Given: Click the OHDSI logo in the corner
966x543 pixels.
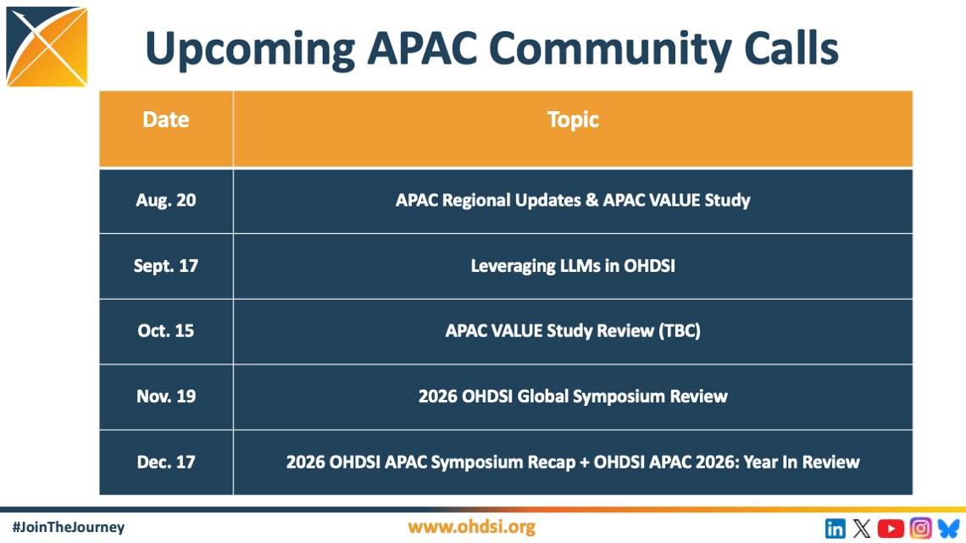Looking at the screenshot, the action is click(47, 47).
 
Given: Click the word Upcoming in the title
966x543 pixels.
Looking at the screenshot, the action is click(250, 49).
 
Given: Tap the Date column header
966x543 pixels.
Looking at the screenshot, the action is click(166, 119).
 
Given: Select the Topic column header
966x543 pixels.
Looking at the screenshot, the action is click(573, 119).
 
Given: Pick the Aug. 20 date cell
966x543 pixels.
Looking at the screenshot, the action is click(166, 200).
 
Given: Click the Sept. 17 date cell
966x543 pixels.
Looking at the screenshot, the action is click(166, 266).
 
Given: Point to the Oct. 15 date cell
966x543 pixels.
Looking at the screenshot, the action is click(166, 330).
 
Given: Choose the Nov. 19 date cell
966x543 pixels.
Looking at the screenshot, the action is click(166, 396).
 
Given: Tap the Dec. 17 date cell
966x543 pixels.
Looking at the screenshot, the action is click(166, 462).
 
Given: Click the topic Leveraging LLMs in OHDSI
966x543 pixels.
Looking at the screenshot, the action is click(573, 266).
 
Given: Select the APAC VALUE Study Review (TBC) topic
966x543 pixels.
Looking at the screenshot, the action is click(573, 330).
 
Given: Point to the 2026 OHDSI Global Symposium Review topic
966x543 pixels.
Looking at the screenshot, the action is click(573, 396).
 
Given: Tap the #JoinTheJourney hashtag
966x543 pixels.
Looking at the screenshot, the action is click(69, 527).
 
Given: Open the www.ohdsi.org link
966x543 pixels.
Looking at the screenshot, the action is click(471, 527).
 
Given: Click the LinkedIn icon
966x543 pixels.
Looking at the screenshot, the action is click(836, 529).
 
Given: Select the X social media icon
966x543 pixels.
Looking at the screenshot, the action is click(862, 529).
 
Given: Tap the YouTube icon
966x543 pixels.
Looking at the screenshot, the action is click(891, 529).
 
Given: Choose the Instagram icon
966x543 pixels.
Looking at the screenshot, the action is click(920, 529).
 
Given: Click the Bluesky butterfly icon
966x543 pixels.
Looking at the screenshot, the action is click(949, 529).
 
